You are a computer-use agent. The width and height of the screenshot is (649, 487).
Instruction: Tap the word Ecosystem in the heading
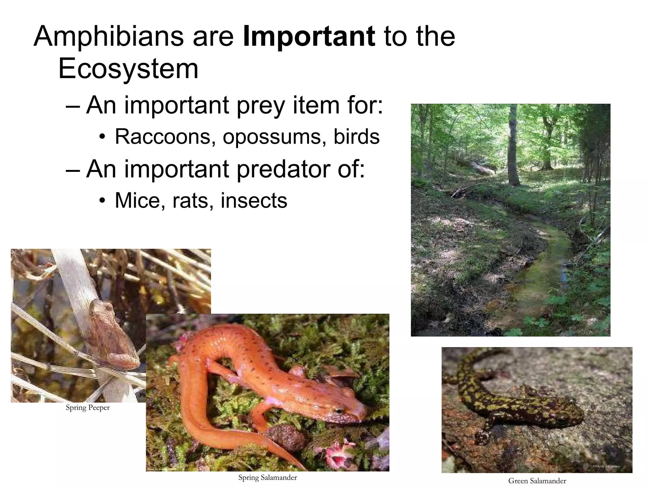(x=128, y=69)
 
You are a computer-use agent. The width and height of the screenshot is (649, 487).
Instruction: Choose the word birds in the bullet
(x=357, y=137)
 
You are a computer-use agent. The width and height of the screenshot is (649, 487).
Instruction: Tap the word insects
(x=254, y=200)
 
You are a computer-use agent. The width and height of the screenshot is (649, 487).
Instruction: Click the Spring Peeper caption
(x=88, y=408)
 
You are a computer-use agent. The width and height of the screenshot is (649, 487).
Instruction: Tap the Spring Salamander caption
(x=267, y=477)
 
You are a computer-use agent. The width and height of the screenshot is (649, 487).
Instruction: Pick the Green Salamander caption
(x=537, y=481)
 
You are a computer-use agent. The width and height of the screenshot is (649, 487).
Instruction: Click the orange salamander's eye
(x=338, y=411)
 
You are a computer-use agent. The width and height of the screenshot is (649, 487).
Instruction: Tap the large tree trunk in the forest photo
(x=513, y=146)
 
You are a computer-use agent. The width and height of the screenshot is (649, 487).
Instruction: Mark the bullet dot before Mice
(x=101, y=201)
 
